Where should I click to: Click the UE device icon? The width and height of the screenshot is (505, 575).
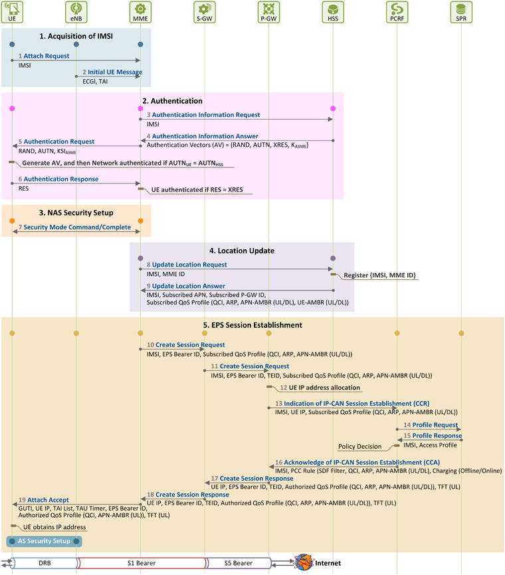coord(12,12)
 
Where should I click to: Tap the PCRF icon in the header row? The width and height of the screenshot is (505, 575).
coord(397,12)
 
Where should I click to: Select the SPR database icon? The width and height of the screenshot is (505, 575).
coord(461,12)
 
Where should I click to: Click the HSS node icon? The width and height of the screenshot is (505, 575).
coord(333,12)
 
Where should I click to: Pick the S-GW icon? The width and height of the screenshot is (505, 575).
coord(205,12)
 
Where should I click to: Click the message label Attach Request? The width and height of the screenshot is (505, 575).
coord(46,56)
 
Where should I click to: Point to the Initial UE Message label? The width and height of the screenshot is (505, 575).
coord(115,72)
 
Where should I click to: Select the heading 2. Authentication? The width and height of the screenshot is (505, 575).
coord(172,101)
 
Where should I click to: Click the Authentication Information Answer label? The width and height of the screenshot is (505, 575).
coord(205,136)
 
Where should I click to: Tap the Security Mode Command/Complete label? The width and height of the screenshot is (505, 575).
coord(77,227)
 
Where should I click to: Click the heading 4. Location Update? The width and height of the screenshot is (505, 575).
coord(242,251)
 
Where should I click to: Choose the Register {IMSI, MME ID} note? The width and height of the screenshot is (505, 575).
coord(379,275)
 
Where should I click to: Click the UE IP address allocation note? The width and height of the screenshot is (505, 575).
coord(324,388)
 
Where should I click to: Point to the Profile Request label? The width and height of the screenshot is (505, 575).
coord(435,425)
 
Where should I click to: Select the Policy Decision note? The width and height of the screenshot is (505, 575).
coord(359,446)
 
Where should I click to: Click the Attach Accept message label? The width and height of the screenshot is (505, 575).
coord(48,500)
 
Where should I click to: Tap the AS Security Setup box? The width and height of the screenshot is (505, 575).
coord(44,541)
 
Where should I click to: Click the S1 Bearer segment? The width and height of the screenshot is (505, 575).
coord(142,563)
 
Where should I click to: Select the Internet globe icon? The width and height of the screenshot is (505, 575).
coord(304,562)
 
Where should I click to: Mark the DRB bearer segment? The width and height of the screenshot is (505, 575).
coord(45,563)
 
